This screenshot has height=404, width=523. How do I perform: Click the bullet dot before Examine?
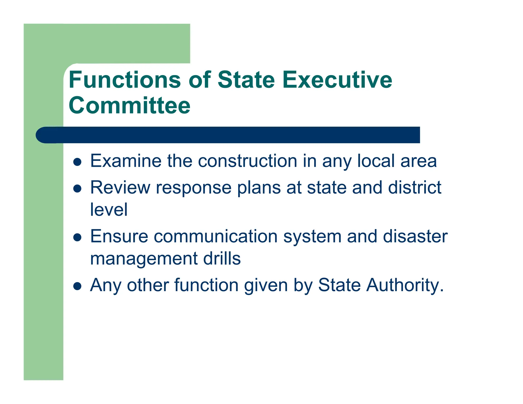coord(77,162)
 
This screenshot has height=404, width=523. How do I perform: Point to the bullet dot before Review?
coord(77,189)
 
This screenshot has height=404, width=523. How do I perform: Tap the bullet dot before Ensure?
coord(77,237)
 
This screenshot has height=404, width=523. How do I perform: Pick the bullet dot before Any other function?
coord(77,286)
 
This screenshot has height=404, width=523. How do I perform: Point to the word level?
coord(109,209)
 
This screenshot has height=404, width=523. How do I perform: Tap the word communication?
coord(216,236)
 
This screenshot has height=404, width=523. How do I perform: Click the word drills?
coord(222,258)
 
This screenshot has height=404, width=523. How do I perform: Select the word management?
coord(144,259)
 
